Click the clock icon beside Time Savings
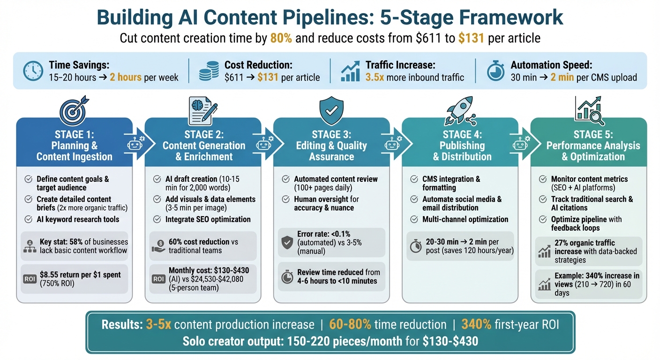click(33, 71)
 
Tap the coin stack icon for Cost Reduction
click(208, 71)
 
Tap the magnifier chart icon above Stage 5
click(589, 110)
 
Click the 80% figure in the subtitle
click(281, 38)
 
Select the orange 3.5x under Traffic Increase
click(375, 77)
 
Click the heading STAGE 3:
click(331, 135)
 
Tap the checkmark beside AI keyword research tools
click(29, 219)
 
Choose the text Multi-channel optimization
click(465, 219)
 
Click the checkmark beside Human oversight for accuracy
click(285, 199)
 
